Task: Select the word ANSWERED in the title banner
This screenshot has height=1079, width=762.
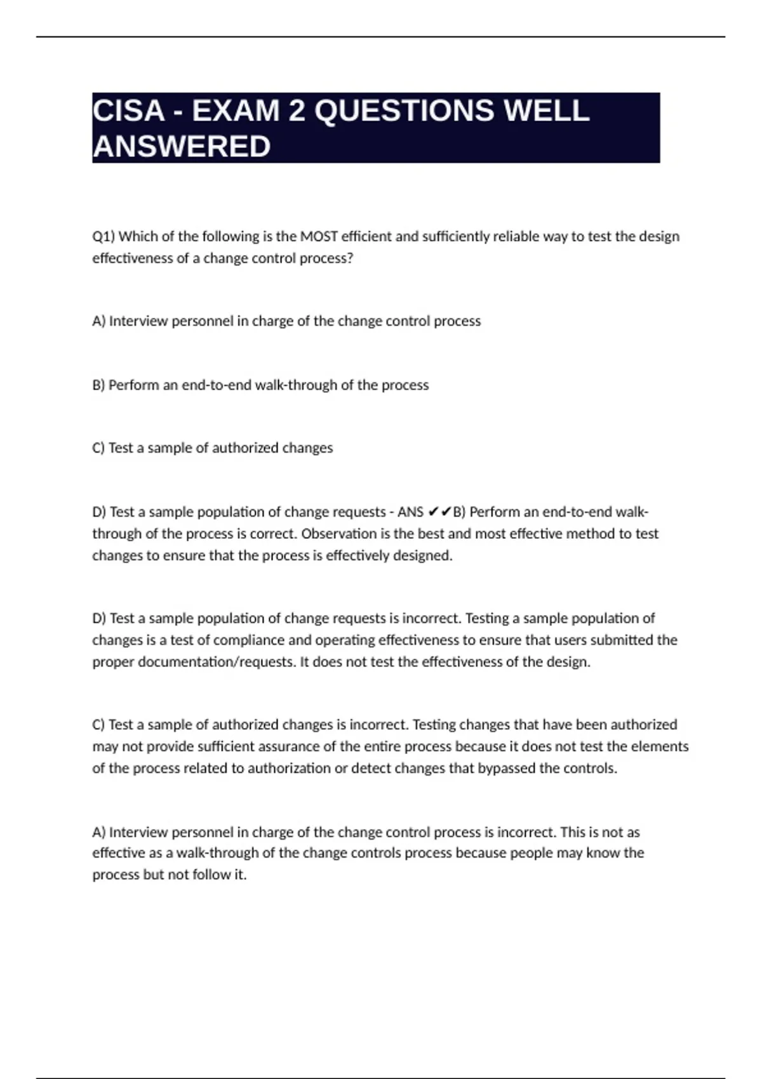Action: point(182,147)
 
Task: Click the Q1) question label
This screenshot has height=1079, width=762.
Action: point(104,237)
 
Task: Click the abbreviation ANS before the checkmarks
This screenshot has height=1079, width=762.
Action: point(411,512)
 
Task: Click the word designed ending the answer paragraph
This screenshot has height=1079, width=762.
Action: point(422,555)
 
